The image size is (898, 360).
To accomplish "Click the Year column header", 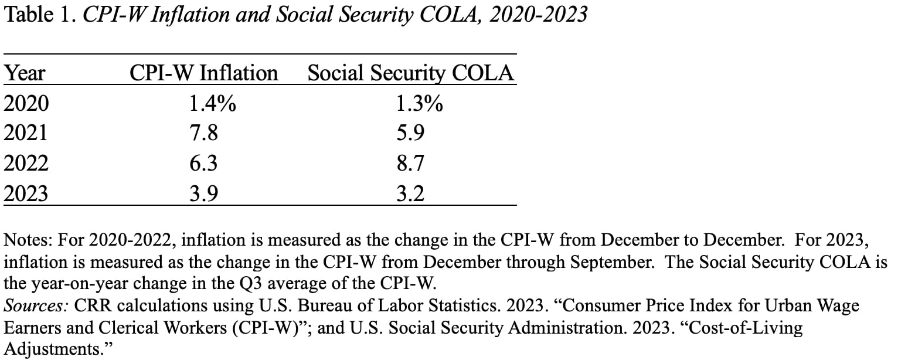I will (x=25, y=73).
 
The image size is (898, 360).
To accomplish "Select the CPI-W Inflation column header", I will (x=203, y=73).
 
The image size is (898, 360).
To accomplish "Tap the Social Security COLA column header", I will (x=410, y=73).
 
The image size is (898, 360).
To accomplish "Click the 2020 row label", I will (x=26, y=104).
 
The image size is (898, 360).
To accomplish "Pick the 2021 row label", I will (x=26, y=134).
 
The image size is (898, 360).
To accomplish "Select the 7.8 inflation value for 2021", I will (x=203, y=134).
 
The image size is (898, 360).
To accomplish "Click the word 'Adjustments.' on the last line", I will (x=57, y=349).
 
